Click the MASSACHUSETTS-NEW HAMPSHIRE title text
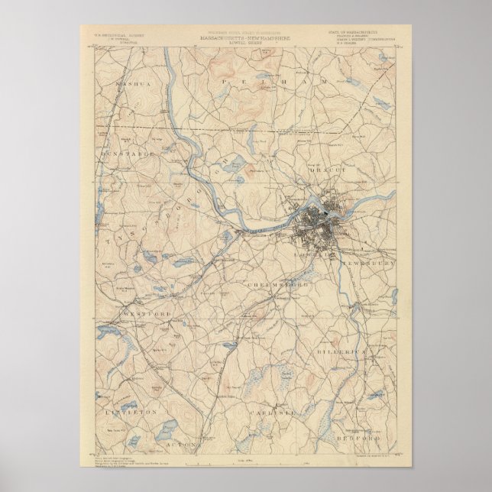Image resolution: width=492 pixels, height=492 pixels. [247, 37]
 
